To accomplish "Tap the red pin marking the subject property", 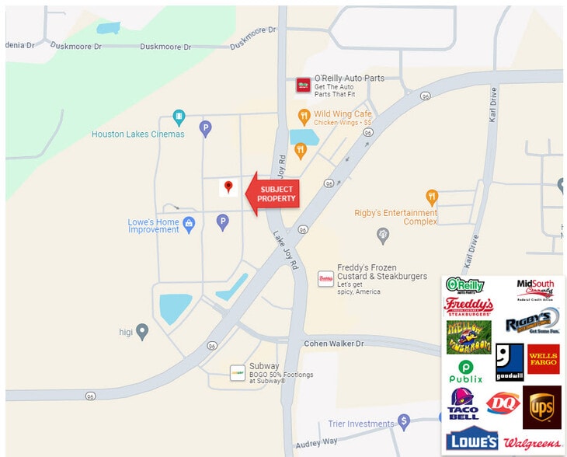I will pyautogui.click(x=228, y=187).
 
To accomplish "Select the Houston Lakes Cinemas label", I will pyautogui.click(x=138, y=134).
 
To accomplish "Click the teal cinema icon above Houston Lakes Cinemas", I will pyautogui.click(x=179, y=117).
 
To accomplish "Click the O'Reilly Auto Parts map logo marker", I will pyautogui.click(x=303, y=85).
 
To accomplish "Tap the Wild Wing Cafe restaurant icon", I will pyautogui.click(x=304, y=117).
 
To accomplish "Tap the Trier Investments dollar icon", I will pyautogui.click(x=403, y=422).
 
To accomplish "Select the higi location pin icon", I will pyautogui.click(x=142, y=331).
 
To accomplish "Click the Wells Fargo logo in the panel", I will pyautogui.click(x=543, y=359).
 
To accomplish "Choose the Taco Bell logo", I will pyautogui.click(x=464, y=403).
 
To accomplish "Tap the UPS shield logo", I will pyautogui.click(x=541, y=406).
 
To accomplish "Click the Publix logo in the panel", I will pyautogui.click(x=466, y=371).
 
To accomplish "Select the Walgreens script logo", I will pyautogui.click(x=532, y=443).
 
